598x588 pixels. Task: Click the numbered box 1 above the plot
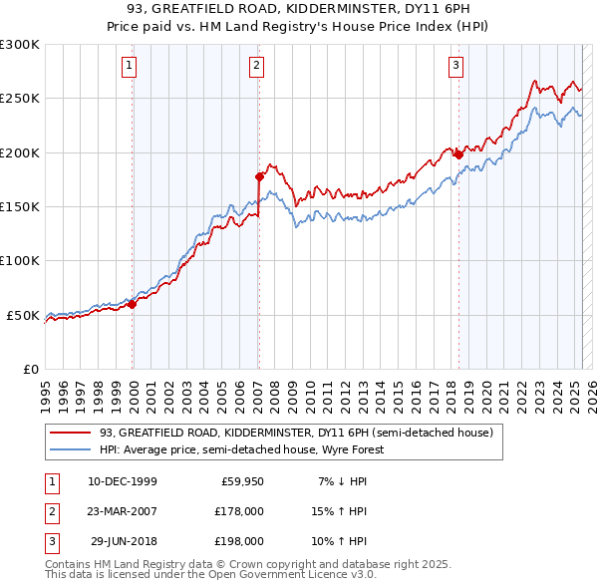[x=131, y=67]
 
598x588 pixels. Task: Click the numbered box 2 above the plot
[x=256, y=67]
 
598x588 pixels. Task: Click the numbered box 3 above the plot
[x=455, y=67]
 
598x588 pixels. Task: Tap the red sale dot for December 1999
[x=133, y=305]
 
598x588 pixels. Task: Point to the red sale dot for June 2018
[x=458, y=154]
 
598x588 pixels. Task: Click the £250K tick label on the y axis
[x=20, y=99]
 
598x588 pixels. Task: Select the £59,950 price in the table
[x=242, y=481]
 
